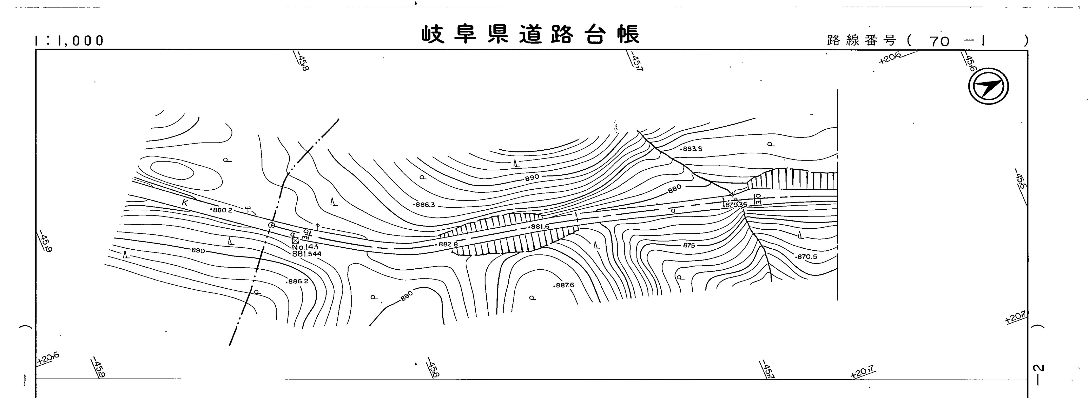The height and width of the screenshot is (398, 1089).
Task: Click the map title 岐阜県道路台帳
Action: (530, 34)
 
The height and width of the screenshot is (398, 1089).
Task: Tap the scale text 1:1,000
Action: (70, 41)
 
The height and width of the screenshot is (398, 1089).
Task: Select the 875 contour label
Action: (689, 245)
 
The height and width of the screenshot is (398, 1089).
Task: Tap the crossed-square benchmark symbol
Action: (295, 240)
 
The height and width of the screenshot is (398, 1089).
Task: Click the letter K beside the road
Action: (185, 203)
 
